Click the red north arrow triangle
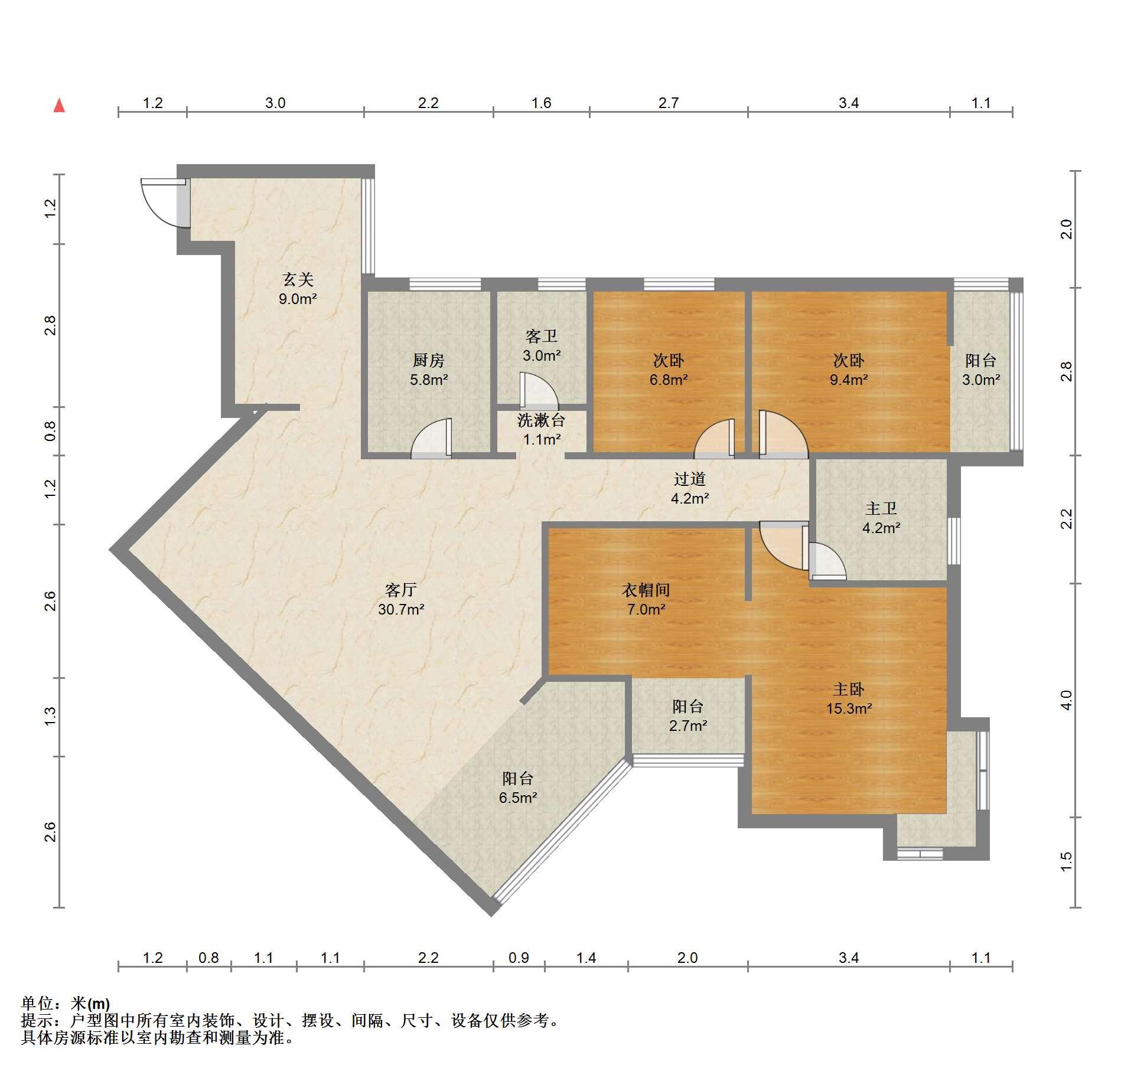(59, 106)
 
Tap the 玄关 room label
(298, 289)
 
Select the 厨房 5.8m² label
(429, 370)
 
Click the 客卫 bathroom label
(542, 346)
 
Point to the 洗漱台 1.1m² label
(542, 430)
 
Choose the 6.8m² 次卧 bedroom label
(669, 370)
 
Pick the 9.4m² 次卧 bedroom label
(849, 370)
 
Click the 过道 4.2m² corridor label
(690, 488)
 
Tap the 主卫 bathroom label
(881, 518)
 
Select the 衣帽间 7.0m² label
(646, 599)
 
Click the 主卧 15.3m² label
(849, 698)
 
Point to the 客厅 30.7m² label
(401, 599)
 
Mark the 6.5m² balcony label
(518, 788)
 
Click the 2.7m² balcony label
(688, 716)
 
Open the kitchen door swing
(432, 438)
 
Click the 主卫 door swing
(827, 561)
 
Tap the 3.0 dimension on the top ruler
(275, 103)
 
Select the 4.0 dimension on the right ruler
(1065, 700)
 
